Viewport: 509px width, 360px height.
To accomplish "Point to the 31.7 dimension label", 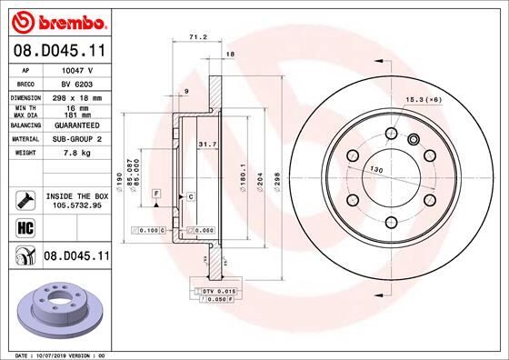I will coord(206,143).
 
